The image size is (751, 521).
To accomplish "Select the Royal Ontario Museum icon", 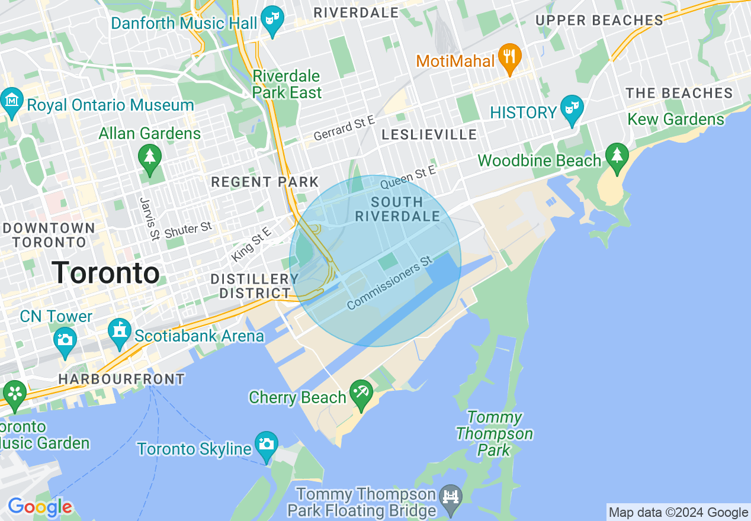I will (12, 101).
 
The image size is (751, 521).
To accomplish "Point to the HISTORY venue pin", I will (572, 109).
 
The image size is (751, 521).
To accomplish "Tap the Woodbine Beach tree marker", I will (617, 157).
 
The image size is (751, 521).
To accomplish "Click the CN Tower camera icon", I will (65, 339).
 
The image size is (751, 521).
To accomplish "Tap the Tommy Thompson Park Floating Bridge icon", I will (451, 497).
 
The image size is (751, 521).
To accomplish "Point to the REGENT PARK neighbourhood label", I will (265, 182).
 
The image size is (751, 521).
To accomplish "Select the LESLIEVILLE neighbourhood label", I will (429, 134).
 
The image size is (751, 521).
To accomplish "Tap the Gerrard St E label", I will (344, 128).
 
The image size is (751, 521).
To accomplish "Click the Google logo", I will (40, 507).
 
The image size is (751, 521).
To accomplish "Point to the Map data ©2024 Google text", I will (678, 513).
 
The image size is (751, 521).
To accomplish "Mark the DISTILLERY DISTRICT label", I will (255, 286).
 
